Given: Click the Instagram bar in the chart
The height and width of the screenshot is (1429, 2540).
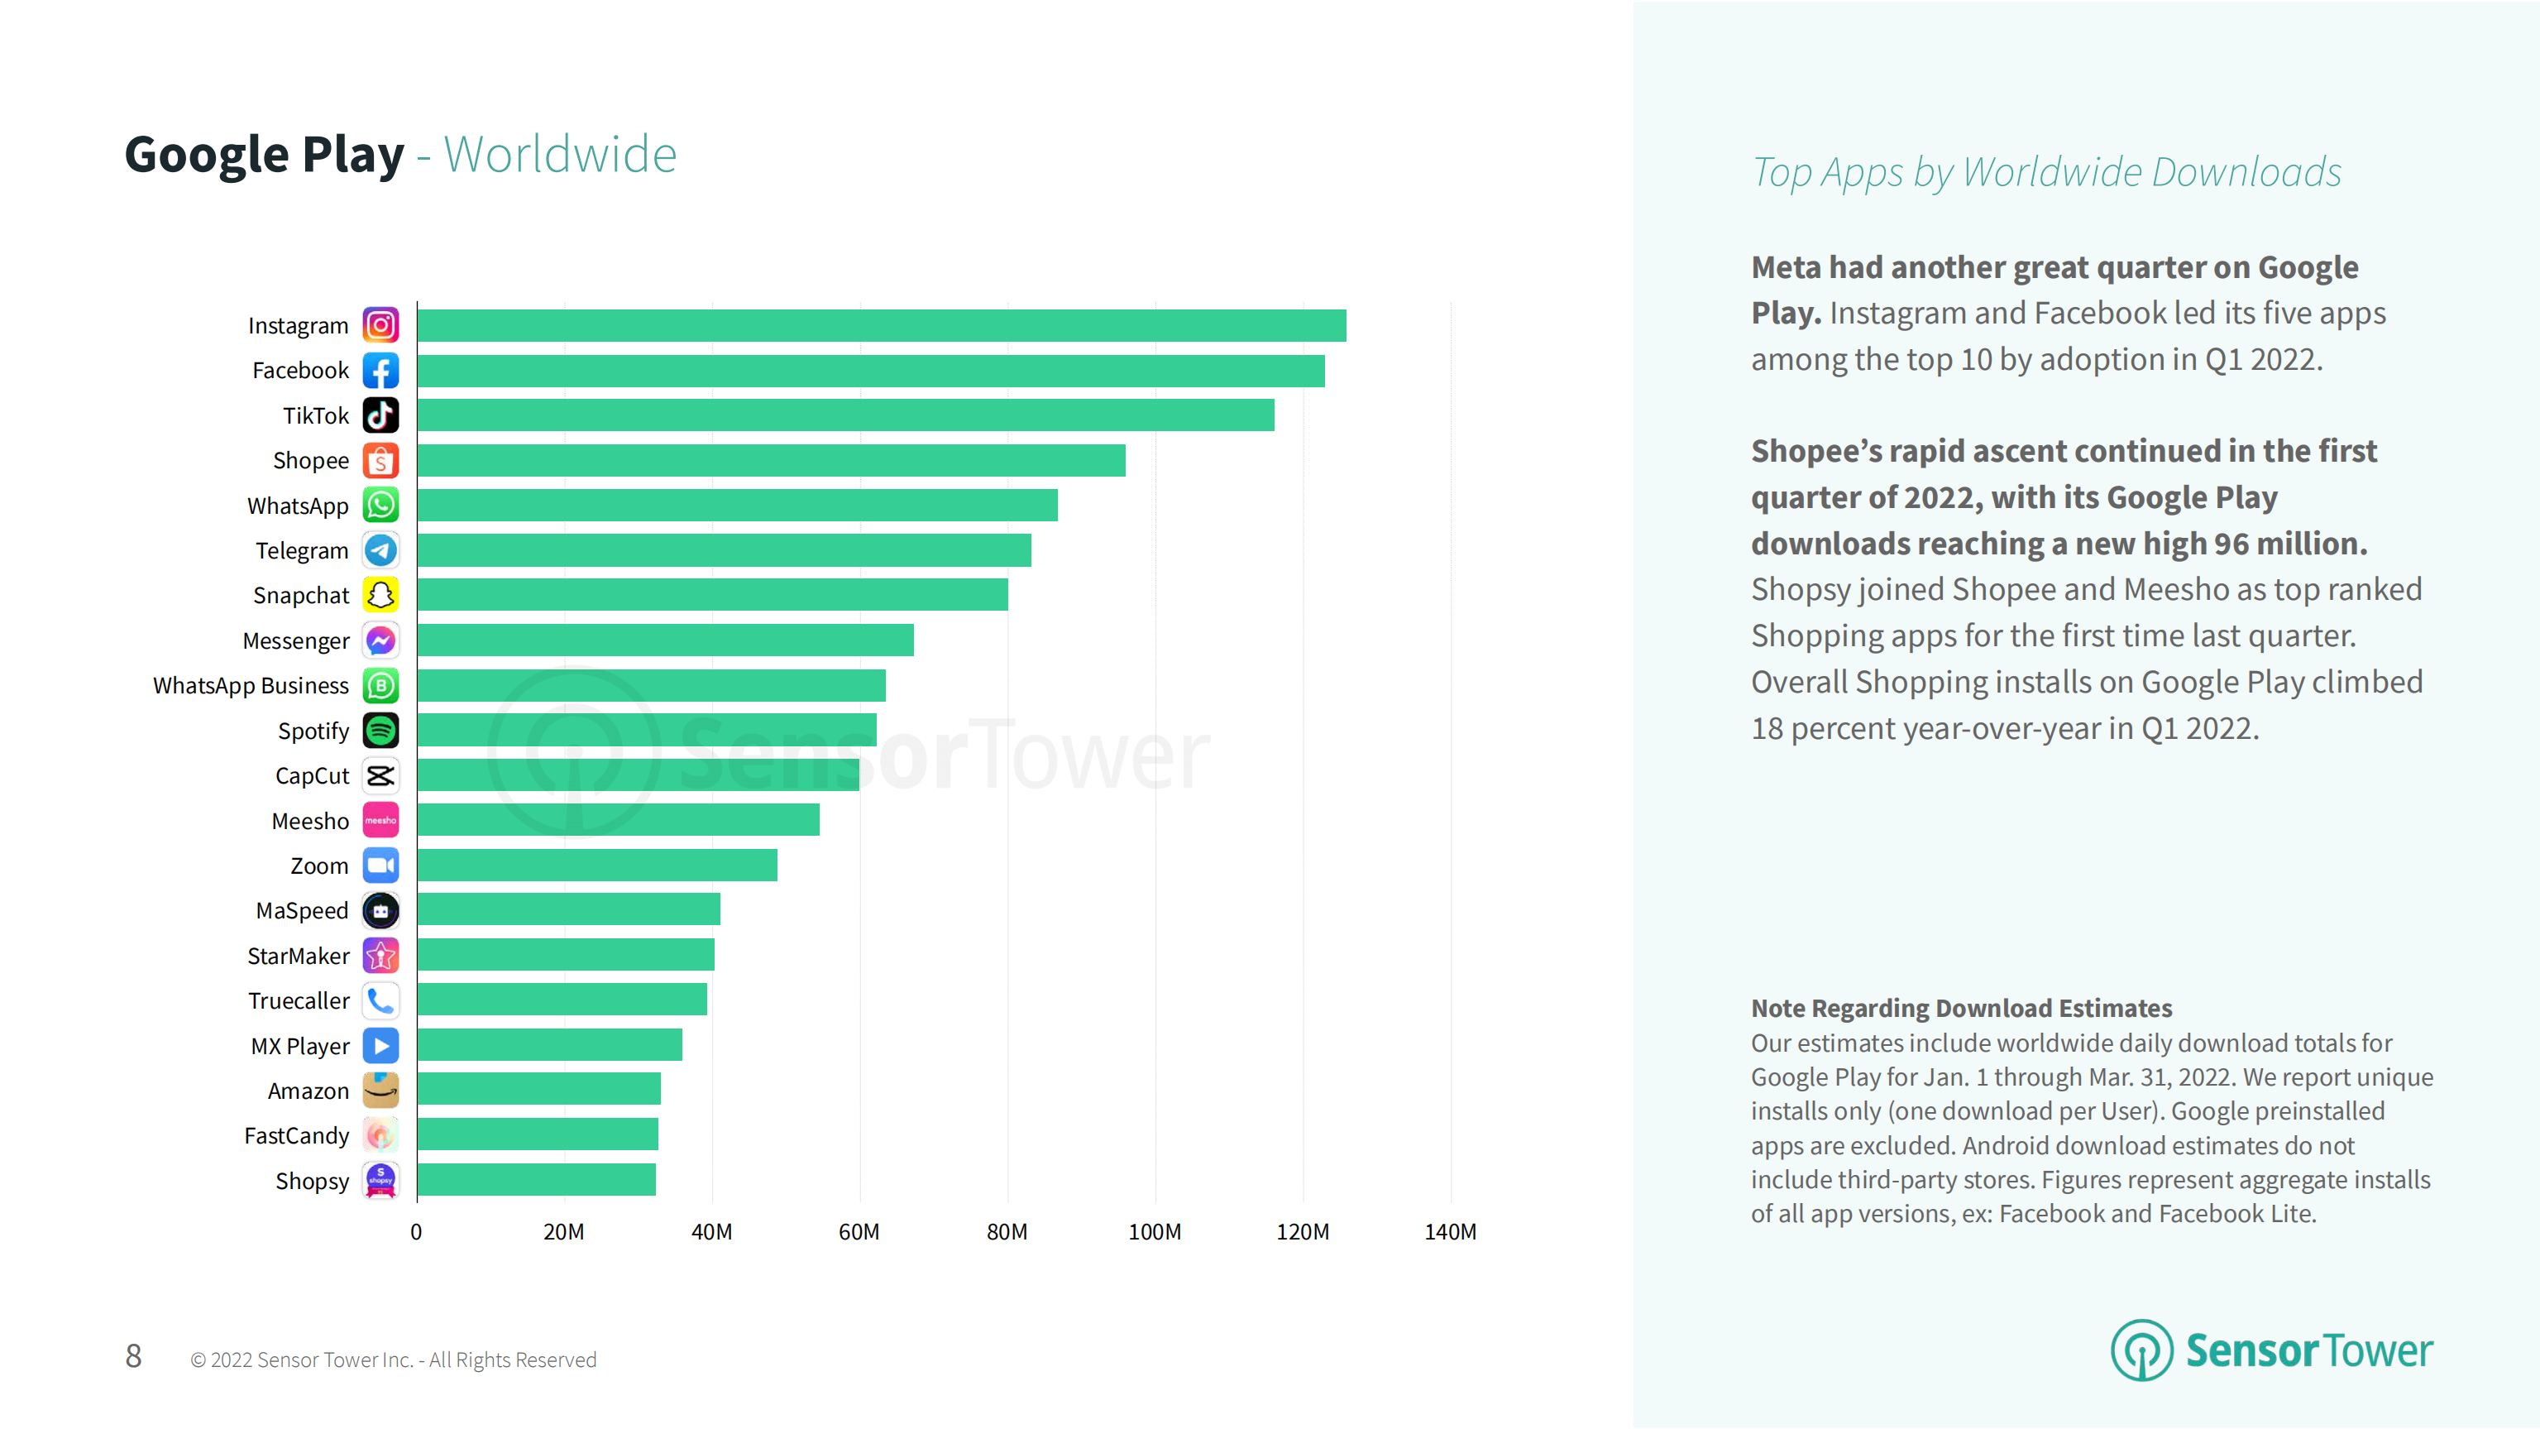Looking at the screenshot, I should [882, 325].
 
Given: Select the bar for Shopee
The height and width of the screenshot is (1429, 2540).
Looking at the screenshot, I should [771, 461].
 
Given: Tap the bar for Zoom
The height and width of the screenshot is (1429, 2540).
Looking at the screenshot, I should [596, 865].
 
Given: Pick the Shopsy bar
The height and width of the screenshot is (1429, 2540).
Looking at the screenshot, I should [537, 1179].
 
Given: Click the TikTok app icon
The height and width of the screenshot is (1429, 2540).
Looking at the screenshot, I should [380, 415].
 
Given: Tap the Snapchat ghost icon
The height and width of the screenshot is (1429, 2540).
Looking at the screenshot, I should [380, 595].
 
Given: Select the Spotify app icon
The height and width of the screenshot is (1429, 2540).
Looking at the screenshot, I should [380, 731].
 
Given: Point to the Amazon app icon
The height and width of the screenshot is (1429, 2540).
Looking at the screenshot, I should [380, 1090].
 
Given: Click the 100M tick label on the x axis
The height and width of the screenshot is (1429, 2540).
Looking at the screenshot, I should [1155, 1232].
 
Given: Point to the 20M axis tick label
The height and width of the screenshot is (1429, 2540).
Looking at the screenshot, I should [564, 1232].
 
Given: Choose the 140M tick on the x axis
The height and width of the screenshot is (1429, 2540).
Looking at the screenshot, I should [1449, 1232].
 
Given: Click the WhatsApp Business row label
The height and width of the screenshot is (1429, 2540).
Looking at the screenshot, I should [251, 685].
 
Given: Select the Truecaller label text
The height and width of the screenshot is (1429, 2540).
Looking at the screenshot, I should [299, 1001].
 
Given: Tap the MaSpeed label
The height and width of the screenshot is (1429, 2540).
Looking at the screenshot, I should [302, 910].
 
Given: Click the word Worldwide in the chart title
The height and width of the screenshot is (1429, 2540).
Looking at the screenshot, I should [560, 155].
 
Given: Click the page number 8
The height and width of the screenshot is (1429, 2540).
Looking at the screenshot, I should [133, 1357].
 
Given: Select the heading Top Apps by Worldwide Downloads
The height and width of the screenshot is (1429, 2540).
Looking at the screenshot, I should [2046, 173].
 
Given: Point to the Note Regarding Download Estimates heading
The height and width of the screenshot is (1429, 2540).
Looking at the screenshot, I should [1961, 1008].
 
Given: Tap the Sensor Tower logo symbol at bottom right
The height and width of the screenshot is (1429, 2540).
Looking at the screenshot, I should [2141, 1350].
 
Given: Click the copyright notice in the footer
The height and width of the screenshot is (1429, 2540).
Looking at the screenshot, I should [394, 1360].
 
